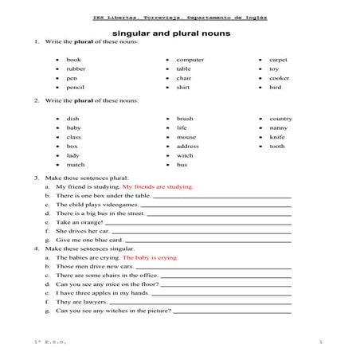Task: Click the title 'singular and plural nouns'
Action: click(x=179, y=33)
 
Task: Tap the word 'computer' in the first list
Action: click(x=190, y=60)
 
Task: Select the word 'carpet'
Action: click(x=278, y=60)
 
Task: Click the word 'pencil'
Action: click(x=76, y=88)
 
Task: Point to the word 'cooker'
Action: click(x=280, y=79)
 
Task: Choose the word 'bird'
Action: click(x=276, y=88)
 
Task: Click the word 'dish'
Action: click(x=73, y=119)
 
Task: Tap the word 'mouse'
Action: click(x=186, y=137)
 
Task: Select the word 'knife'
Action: click(x=277, y=137)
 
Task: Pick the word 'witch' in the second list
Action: click(x=185, y=155)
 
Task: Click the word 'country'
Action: click(x=280, y=119)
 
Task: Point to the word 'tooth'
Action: click(x=277, y=147)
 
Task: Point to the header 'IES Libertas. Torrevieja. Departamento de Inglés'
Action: click(x=179, y=17)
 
